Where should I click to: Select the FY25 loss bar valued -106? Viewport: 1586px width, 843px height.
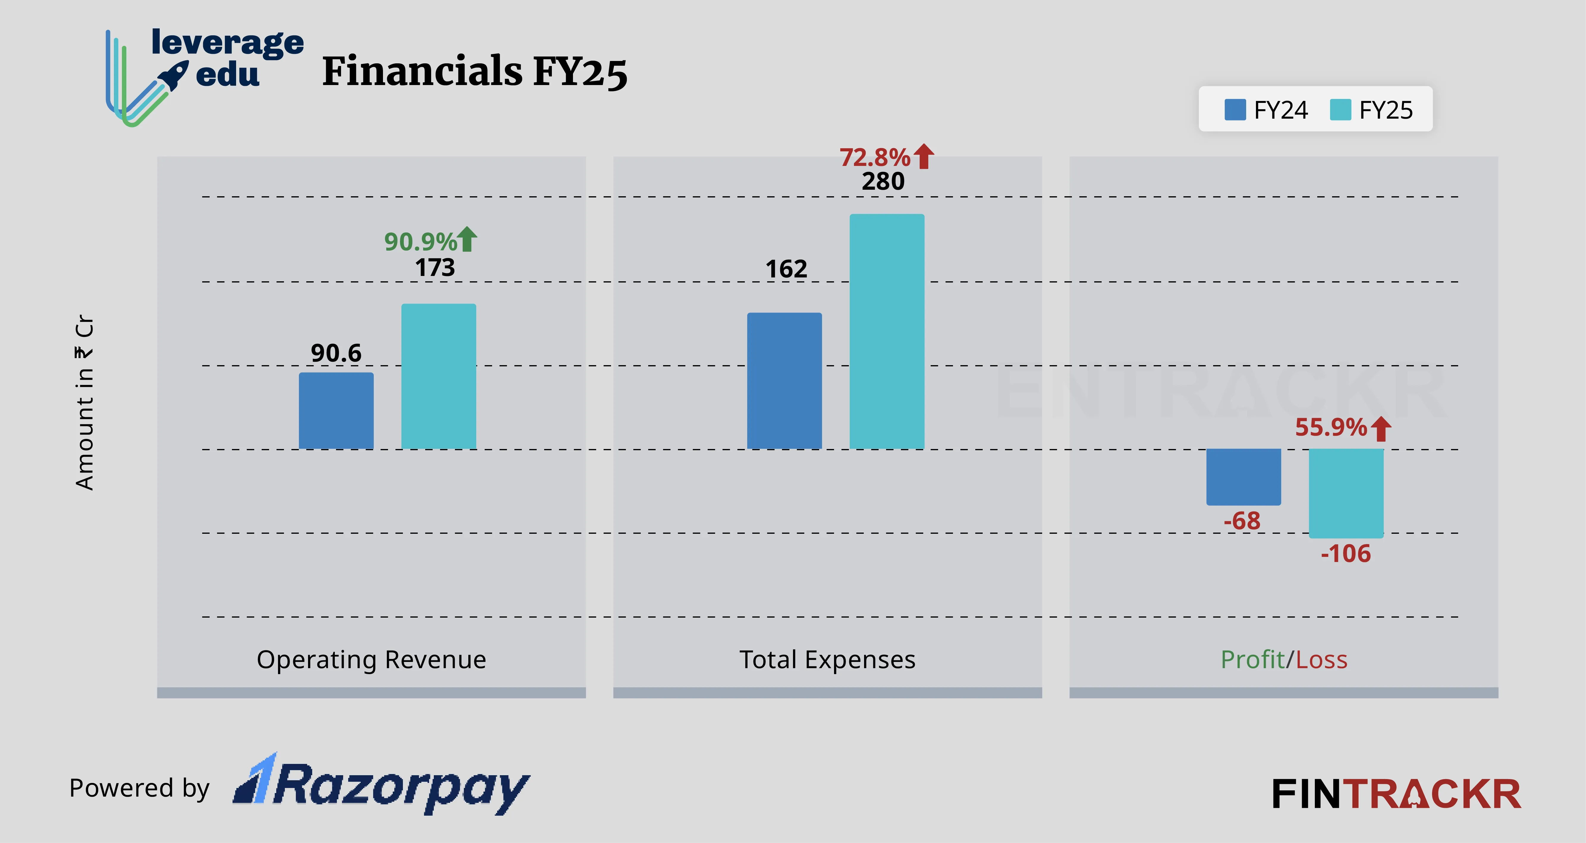click(x=1346, y=493)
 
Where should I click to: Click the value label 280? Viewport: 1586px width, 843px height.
click(x=883, y=182)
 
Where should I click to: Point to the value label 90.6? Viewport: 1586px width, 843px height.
click(x=336, y=353)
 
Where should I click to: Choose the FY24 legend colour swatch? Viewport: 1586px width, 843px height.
click(x=1235, y=110)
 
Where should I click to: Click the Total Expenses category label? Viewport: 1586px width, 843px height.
click(x=827, y=660)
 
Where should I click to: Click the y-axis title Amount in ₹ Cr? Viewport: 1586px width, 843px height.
click(x=84, y=403)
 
